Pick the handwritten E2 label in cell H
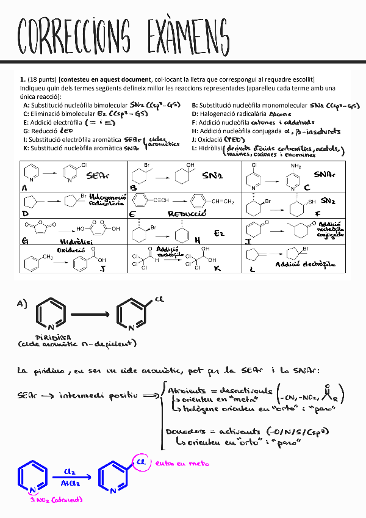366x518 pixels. click(220, 233)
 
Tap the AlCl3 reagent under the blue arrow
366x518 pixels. click(70, 483)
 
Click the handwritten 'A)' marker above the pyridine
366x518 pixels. click(23, 304)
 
